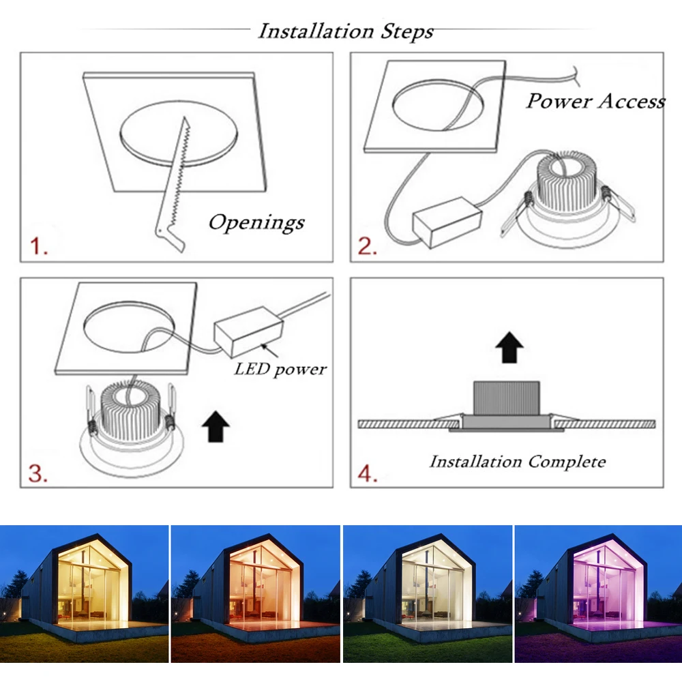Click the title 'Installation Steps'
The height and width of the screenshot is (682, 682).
[345, 31]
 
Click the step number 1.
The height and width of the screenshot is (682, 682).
[38, 246]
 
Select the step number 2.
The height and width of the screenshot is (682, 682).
[368, 246]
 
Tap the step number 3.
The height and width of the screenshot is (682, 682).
[38, 473]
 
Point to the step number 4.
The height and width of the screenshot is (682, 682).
[368, 473]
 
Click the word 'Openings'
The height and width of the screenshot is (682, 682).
[256, 222]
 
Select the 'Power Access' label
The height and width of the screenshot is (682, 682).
[595, 102]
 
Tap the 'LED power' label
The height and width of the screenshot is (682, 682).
[280, 369]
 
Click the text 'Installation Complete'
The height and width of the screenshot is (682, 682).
[517, 462]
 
